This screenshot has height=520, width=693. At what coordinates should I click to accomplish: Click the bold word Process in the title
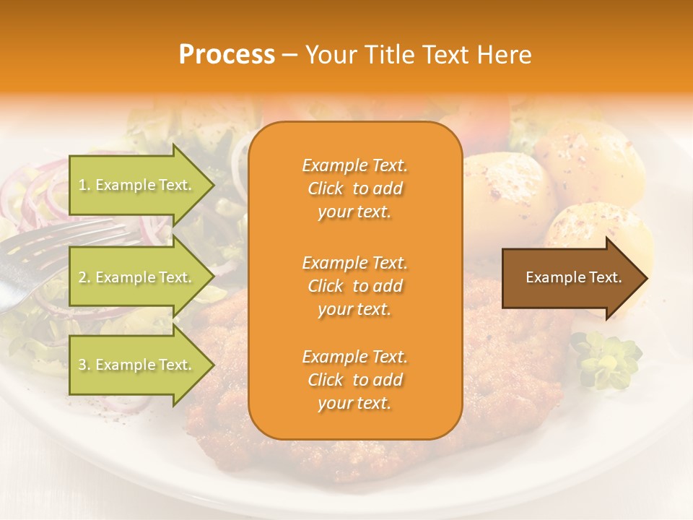pos(227,55)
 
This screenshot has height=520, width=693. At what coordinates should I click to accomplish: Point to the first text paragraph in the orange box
pos(354,188)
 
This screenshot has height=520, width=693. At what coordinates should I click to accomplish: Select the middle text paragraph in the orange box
pos(354,286)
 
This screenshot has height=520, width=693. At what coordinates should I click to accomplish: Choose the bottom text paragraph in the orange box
pos(354,380)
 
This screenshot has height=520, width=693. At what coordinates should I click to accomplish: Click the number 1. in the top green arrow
pos(84,186)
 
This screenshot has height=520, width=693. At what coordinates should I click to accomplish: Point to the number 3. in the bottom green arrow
pos(84,365)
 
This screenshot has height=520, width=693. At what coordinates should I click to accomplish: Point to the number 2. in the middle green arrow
pos(84,277)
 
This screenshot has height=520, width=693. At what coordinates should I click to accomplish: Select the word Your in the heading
pos(331,55)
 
